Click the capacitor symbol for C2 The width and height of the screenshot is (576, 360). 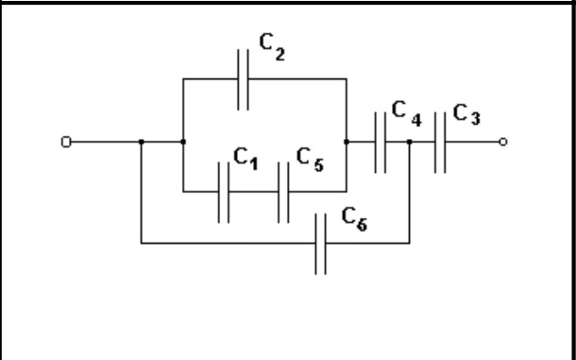point(243,79)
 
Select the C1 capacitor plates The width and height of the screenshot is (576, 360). point(224,192)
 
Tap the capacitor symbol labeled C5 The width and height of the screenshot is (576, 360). point(283,192)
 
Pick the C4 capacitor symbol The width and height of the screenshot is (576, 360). point(381,142)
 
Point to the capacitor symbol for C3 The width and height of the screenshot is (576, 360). point(440,142)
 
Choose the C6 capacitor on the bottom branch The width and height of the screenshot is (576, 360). point(320,244)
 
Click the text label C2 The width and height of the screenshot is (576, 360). point(272,46)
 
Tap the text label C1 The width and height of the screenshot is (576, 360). point(246,159)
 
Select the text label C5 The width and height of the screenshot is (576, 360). point(310,160)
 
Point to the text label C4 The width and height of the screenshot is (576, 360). point(407,113)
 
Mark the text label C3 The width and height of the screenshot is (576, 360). point(466,114)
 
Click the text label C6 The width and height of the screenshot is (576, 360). point(354,219)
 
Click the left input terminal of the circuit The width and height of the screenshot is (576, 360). point(66,142)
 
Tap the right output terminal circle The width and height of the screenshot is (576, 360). point(503,142)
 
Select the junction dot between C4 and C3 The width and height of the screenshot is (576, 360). point(410,142)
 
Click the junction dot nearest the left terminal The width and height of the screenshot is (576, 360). point(142,142)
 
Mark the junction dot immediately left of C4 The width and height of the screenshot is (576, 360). point(347,142)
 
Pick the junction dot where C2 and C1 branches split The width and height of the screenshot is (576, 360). point(183,142)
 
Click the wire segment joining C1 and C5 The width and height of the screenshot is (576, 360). point(254,192)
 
